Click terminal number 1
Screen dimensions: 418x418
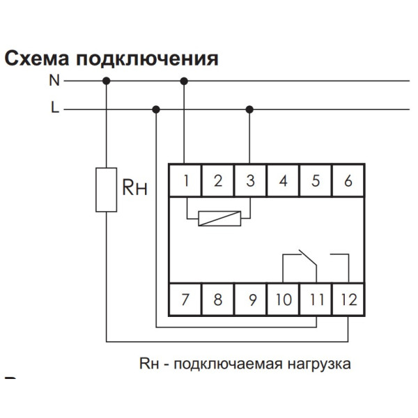[x=186, y=181]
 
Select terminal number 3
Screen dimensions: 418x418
[x=250, y=181]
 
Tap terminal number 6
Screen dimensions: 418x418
[x=348, y=181]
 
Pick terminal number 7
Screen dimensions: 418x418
[x=185, y=300]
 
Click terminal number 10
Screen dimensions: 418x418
[x=283, y=300]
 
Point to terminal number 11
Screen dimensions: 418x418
[x=316, y=300]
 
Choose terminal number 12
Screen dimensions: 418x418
[x=348, y=300]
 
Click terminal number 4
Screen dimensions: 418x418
[x=283, y=181]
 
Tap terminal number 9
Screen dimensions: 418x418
[x=250, y=300]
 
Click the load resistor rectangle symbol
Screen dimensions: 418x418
[x=106, y=189]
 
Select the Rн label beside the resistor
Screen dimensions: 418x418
[x=135, y=187]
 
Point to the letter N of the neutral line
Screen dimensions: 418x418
[x=54, y=81]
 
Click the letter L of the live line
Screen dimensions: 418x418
[x=54, y=109]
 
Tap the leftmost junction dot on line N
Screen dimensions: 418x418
[x=106, y=81]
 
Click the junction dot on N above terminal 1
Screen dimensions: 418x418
[x=185, y=81]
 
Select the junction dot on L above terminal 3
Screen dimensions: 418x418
[x=250, y=109]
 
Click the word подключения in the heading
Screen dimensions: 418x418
[x=147, y=58]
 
